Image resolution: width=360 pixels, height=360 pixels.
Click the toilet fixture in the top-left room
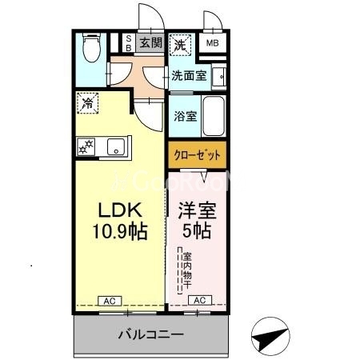pyautogui.click(x=92, y=50)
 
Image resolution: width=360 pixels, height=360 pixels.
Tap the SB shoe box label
pyautogui.click(x=127, y=42)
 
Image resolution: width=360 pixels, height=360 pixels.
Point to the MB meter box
pyautogui.click(x=213, y=43)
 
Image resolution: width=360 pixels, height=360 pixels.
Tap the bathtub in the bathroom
pyautogui.click(x=214, y=116)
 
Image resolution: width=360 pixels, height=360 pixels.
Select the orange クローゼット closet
pyautogui.click(x=197, y=154)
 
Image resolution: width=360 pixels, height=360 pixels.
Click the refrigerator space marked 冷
pyautogui.click(x=87, y=102)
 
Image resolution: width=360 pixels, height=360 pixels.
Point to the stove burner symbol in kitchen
pyautogui.click(x=86, y=146)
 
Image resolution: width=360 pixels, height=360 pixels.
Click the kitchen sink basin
pyautogui.click(x=115, y=146)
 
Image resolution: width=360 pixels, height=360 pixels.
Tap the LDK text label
pyautogui.click(x=120, y=210)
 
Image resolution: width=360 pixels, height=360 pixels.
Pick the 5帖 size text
pyautogui.click(x=197, y=232)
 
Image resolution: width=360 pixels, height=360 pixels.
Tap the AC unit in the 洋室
pyautogui.click(x=199, y=300)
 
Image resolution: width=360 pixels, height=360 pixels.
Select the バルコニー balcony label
pyautogui.click(x=152, y=334)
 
